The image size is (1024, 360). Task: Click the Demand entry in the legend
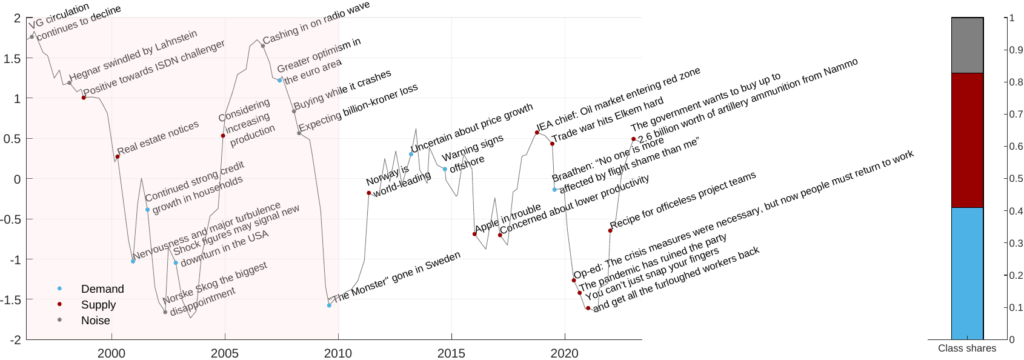[102, 289]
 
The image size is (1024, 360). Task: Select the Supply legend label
[98, 305]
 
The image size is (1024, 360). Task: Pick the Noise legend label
[95, 321]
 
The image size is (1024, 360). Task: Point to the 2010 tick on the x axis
[338, 353]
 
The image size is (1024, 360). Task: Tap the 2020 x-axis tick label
[565, 353]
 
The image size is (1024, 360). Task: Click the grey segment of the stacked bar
[967, 45]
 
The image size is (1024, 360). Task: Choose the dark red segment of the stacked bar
[967, 141]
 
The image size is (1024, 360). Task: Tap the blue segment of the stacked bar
[967, 273]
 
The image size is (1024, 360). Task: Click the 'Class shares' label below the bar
[967, 348]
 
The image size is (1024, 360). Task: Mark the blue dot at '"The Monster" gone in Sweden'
[329, 305]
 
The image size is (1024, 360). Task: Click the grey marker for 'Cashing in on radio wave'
[263, 45]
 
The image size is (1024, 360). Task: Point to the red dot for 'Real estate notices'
[118, 157]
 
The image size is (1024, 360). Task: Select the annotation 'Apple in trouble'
[508, 218]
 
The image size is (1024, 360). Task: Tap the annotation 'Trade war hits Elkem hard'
[608, 119]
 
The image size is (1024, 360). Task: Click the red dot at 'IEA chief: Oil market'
[537, 132]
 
